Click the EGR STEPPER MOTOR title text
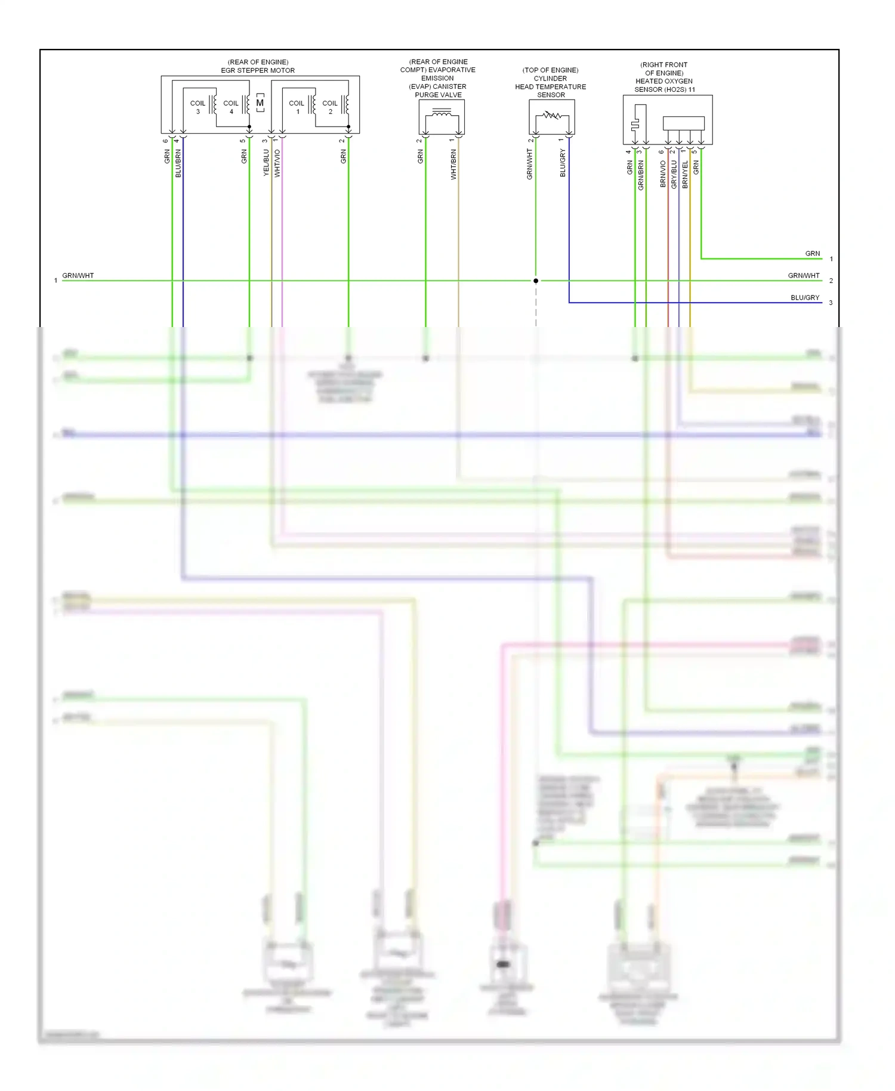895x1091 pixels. click(x=258, y=70)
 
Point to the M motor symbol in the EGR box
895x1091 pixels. click(x=260, y=103)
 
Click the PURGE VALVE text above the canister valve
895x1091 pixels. click(x=438, y=95)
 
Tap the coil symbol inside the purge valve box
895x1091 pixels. click(x=442, y=113)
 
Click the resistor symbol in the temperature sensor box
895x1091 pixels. click(x=552, y=115)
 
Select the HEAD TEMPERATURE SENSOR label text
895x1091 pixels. click(x=550, y=87)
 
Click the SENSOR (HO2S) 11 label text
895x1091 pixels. click(x=664, y=90)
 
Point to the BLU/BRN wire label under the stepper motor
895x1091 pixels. click(x=178, y=164)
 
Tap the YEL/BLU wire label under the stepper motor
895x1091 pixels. click(x=266, y=162)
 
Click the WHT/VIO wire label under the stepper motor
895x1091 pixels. click(x=277, y=163)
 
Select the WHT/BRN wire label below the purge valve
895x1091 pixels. click(x=453, y=165)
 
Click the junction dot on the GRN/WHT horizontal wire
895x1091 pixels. click(x=536, y=281)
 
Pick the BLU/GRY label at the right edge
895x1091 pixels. click(x=805, y=298)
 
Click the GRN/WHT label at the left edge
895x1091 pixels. click(x=78, y=276)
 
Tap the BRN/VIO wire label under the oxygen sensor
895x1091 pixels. click(x=663, y=174)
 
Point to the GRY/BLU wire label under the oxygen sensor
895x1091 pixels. click(x=674, y=174)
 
